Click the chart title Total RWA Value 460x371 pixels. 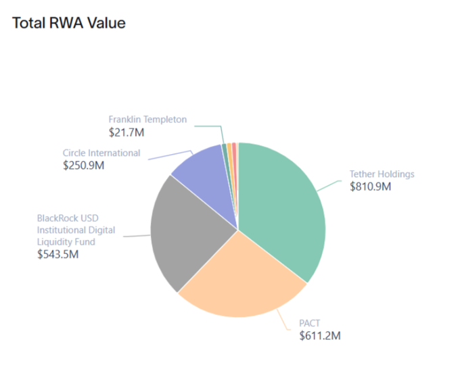coord(69,22)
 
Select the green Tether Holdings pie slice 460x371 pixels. coord(284,209)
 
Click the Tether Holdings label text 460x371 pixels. coord(382,174)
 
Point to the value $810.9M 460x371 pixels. coord(370,186)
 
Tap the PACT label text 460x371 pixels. coord(310,322)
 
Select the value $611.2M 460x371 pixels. coord(320,335)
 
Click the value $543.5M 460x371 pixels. coord(59,254)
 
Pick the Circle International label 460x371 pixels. coord(101,153)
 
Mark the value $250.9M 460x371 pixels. coord(84,165)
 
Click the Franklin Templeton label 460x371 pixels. coord(147,120)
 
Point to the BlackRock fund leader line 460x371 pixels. coord(135,236)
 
